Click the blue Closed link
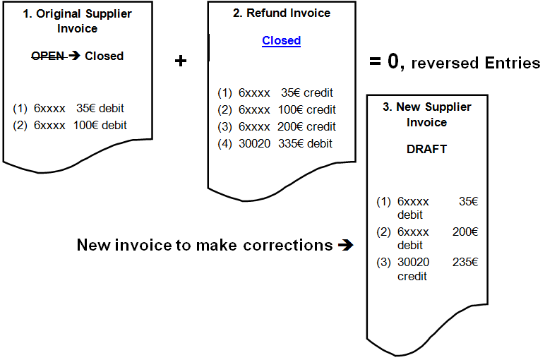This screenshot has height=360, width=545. pyautogui.click(x=281, y=40)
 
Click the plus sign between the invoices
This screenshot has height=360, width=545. pyautogui.click(x=181, y=61)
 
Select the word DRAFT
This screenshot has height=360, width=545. pyautogui.click(x=426, y=149)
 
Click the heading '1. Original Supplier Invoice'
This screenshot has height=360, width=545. pyautogui.click(x=78, y=21)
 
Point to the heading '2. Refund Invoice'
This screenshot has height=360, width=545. pyautogui.click(x=282, y=13)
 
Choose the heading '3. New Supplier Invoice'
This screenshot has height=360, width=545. pyautogui.click(x=426, y=114)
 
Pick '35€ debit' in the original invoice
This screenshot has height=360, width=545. pyautogui.click(x=100, y=109)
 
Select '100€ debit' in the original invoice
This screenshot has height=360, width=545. pyautogui.click(x=100, y=126)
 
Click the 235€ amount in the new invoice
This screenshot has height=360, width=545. pyautogui.click(x=465, y=262)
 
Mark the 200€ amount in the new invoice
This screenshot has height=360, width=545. pyautogui.click(x=465, y=232)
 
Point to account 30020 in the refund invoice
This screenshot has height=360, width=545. pyautogui.click(x=254, y=143)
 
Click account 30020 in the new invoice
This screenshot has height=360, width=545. pyautogui.click(x=413, y=262)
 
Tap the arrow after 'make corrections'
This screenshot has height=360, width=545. pyautogui.click(x=345, y=246)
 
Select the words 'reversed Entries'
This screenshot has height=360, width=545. pyautogui.click(x=475, y=63)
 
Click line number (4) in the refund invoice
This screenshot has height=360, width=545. pyautogui.click(x=224, y=143)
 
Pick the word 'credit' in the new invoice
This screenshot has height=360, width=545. pyautogui.click(x=412, y=276)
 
